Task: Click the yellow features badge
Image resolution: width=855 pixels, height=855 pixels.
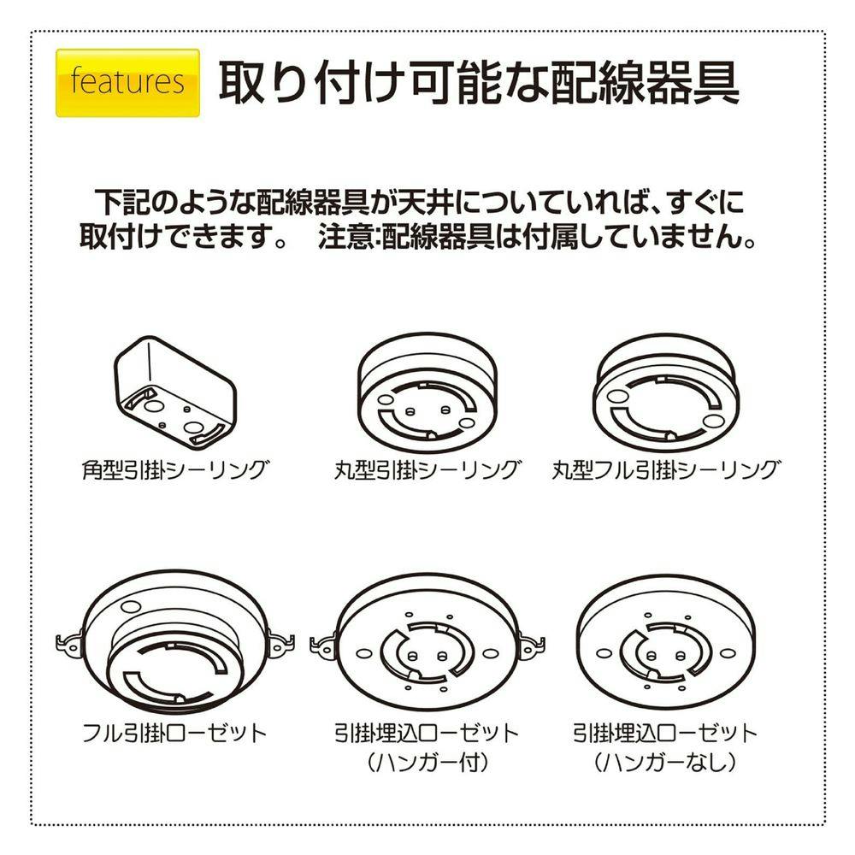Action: point(127,83)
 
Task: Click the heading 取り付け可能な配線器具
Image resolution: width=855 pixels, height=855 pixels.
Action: point(479,82)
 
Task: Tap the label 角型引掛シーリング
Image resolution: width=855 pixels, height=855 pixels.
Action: point(175,469)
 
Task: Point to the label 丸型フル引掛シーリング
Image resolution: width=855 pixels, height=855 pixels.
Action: point(665,469)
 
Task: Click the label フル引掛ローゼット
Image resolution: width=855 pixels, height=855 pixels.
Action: point(174,733)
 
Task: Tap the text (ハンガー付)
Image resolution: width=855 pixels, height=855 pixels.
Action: point(427,763)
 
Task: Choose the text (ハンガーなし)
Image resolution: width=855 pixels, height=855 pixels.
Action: point(665,763)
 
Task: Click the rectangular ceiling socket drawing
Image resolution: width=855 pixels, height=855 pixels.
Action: point(175,392)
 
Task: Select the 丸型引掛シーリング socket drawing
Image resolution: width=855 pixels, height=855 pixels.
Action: point(427,393)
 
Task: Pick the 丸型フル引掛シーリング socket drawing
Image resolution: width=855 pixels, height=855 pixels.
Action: point(665,393)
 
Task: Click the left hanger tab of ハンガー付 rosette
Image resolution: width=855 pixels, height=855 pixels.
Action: point(324,646)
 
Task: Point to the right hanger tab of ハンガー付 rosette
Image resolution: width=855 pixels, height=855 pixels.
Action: point(531,646)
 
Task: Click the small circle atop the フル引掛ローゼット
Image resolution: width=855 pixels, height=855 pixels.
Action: point(131,606)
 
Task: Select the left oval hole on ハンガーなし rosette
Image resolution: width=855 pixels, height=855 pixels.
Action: point(604,653)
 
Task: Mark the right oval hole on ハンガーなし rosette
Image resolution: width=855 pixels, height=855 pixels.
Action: point(727,653)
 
